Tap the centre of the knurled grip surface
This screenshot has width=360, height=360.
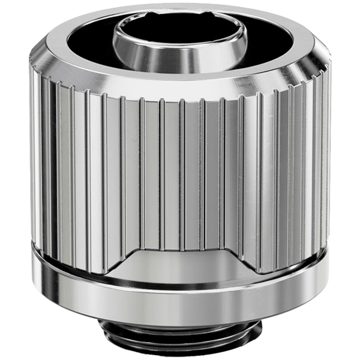pyautogui.click(x=180, y=168)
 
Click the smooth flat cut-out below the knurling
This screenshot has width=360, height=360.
pyautogui.click(x=180, y=264)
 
